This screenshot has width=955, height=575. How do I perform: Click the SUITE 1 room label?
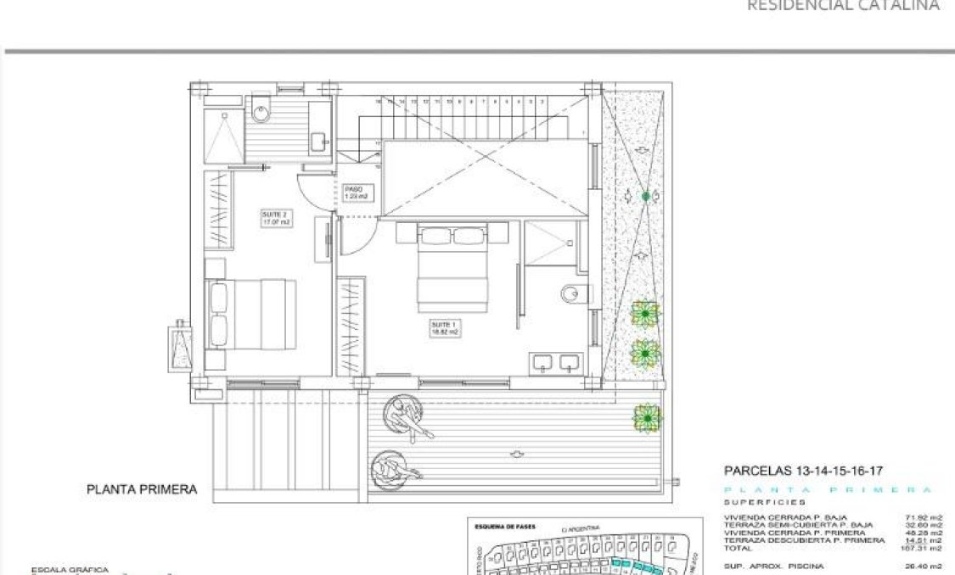[444, 328]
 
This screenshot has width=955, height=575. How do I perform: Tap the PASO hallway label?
[355, 193]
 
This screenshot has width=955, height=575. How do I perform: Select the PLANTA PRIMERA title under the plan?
[142, 489]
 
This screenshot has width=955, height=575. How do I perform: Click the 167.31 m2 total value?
[924, 547]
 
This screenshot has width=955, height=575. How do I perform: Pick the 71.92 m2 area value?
[924, 516]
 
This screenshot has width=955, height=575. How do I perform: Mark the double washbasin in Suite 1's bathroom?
[556, 363]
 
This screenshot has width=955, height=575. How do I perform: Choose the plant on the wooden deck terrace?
[647, 417]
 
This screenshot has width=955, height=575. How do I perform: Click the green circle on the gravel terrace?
[646, 197]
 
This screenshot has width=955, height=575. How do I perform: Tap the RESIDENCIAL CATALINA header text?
[843, 5]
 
